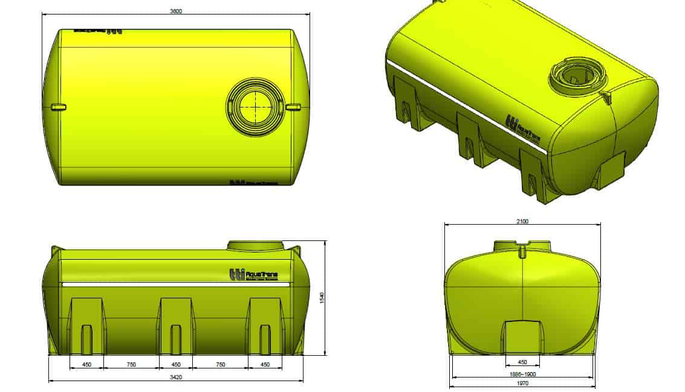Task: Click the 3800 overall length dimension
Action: (x=176, y=11)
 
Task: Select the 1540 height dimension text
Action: (x=322, y=298)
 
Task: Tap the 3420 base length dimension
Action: (x=176, y=377)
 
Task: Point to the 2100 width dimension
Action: (x=522, y=221)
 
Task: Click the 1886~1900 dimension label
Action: (x=522, y=374)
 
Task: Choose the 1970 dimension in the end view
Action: (x=522, y=383)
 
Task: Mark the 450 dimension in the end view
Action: (x=522, y=362)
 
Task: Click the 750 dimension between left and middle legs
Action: (x=131, y=365)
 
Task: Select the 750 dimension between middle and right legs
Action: (x=220, y=365)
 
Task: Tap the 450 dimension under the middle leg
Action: (x=176, y=365)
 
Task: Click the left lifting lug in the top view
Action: (x=58, y=108)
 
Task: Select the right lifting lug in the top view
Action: (x=293, y=108)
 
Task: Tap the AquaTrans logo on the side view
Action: (x=253, y=275)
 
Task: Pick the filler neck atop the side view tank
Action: (x=255, y=245)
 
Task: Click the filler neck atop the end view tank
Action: (x=522, y=246)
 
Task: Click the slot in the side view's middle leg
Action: (x=176, y=339)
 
